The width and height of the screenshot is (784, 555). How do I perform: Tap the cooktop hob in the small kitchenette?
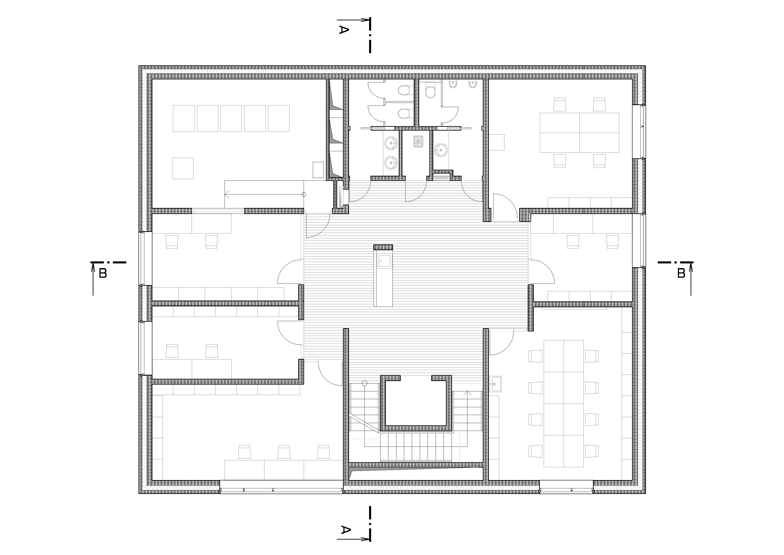[x=418, y=141]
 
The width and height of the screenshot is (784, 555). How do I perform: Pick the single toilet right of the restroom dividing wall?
[x=431, y=91]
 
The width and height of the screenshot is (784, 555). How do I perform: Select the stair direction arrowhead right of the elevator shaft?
[x=467, y=393]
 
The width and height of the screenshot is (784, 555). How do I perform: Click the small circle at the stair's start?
[x=365, y=383]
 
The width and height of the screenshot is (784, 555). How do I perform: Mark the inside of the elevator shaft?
[x=416, y=403]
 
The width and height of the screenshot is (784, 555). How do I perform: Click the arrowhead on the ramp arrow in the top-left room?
[x=227, y=195]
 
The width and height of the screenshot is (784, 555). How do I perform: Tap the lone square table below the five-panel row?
[x=183, y=168]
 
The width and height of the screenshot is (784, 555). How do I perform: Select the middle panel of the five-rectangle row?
[x=231, y=118]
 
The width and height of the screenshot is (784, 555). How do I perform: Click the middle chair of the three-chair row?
[x=284, y=451]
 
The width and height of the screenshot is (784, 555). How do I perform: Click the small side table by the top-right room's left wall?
[x=497, y=142]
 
